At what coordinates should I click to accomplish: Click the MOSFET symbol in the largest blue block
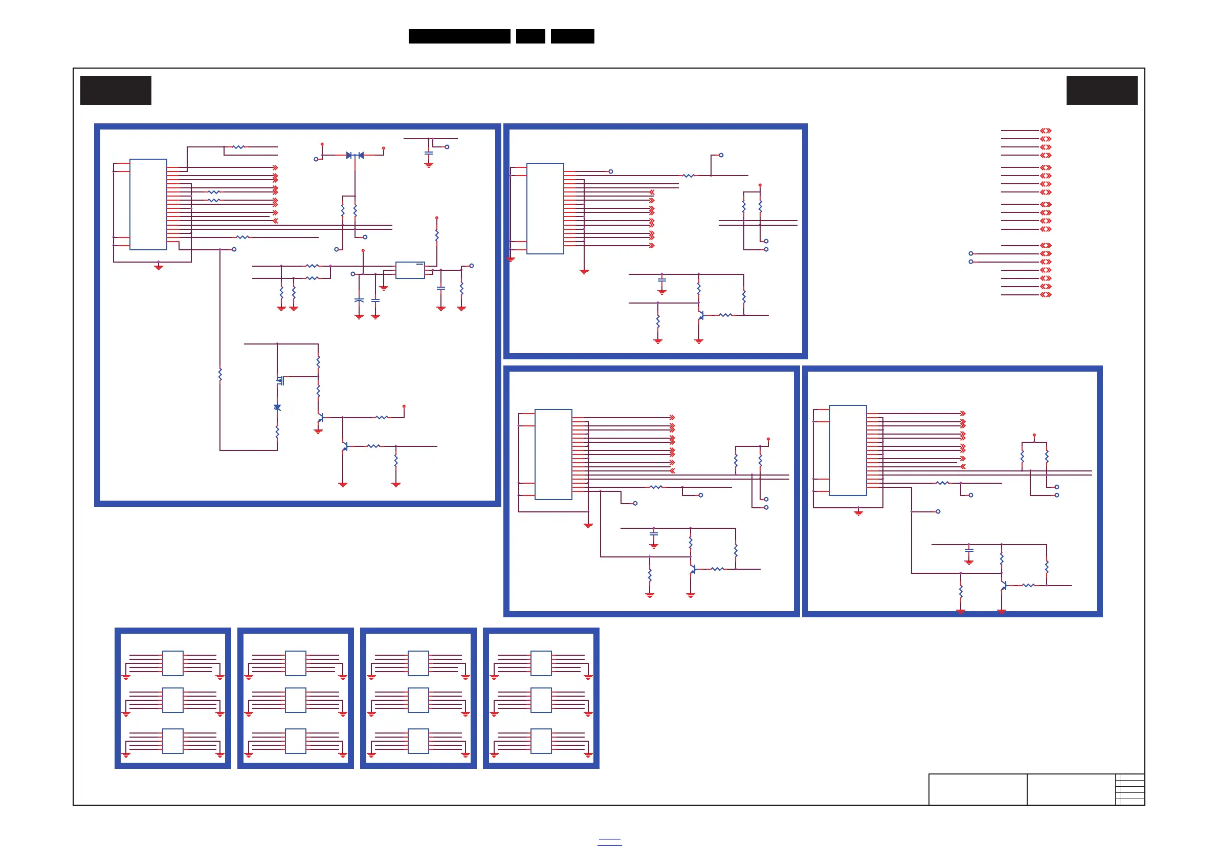tap(280, 380)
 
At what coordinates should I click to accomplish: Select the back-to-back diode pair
tap(355, 156)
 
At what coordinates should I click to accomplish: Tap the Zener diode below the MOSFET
tap(277, 407)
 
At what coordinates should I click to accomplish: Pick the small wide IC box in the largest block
tap(410, 270)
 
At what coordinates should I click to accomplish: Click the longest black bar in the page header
tap(459, 36)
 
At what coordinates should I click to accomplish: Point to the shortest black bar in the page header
tap(530, 36)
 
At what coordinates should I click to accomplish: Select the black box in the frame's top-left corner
tap(116, 90)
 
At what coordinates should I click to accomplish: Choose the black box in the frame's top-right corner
tap(1102, 90)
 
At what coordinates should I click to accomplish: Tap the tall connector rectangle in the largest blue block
tap(148, 204)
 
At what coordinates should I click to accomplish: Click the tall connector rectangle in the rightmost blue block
tap(848, 450)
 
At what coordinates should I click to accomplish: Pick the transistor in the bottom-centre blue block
tap(692, 570)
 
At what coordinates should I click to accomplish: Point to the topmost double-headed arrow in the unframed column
tap(1046, 131)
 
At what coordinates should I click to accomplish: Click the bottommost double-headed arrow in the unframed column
tap(1046, 295)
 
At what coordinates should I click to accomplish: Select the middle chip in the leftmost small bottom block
tap(173, 700)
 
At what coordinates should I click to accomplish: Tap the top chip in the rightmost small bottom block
tap(541, 663)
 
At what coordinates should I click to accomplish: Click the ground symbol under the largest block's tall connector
tap(158, 267)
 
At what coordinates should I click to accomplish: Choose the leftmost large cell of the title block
tap(978, 789)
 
